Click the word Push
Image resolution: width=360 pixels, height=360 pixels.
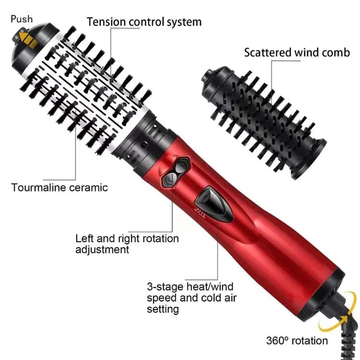22,19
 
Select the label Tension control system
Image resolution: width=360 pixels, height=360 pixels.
144,22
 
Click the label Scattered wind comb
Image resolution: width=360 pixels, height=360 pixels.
297,52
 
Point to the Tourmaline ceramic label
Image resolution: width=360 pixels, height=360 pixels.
60,187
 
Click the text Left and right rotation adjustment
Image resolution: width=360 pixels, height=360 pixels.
127,244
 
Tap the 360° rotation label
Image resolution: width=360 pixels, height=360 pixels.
297,341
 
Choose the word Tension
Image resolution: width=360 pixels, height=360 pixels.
104,22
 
